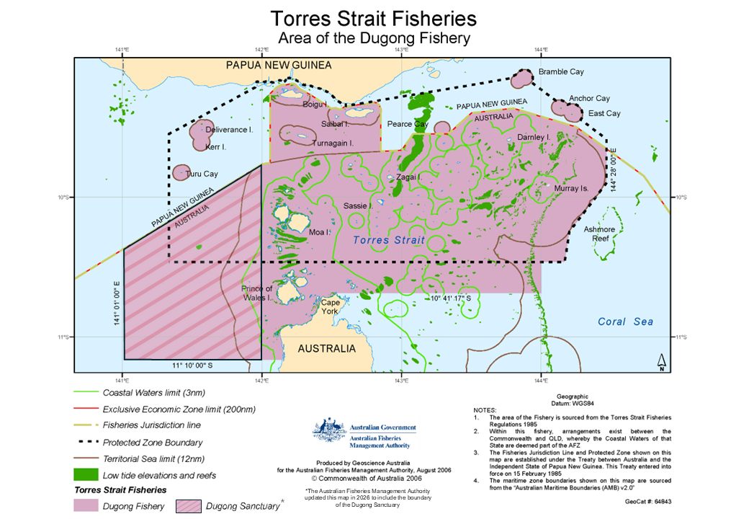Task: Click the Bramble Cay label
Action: tap(561, 72)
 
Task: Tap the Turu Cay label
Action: tap(202, 174)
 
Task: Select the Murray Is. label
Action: tap(571, 188)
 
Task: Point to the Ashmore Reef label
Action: tap(600, 234)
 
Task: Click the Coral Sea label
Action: tap(625, 322)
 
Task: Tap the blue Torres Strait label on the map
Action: tap(389, 240)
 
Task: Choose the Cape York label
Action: tap(330, 307)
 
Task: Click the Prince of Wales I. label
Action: tap(256, 293)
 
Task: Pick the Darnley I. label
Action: tap(534, 137)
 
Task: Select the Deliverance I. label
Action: tap(229, 130)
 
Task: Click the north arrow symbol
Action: tap(661, 362)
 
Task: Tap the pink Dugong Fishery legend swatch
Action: tap(86, 505)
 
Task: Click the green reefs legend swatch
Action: tap(86, 475)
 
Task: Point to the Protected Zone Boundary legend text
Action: tap(153, 443)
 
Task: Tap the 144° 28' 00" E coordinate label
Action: tap(614, 171)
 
